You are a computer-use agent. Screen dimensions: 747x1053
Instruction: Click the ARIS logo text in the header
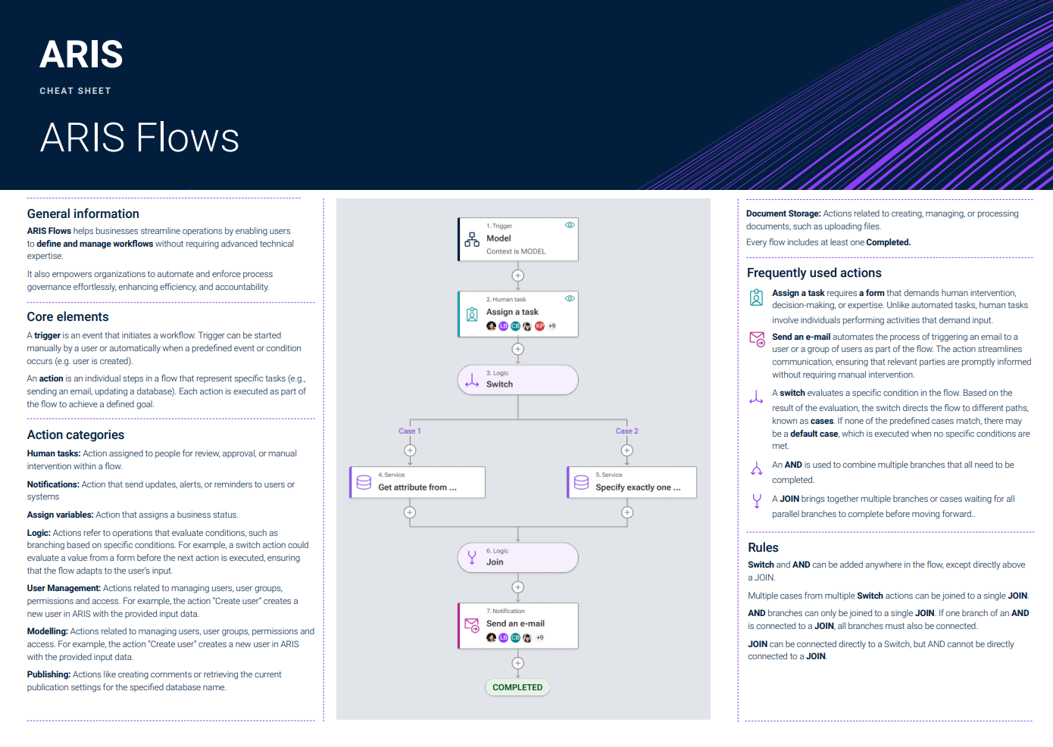[x=82, y=54]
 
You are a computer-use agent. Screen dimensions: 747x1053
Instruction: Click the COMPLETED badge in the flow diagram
[x=517, y=687]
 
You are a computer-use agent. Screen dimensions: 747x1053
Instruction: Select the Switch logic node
[x=517, y=379]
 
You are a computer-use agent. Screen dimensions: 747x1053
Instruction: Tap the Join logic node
[x=517, y=557]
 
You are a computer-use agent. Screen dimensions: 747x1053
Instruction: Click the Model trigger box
[x=517, y=239]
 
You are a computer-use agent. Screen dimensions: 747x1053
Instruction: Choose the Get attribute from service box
[x=417, y=482]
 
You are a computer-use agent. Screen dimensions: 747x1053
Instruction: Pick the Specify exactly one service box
[x=632, y=482]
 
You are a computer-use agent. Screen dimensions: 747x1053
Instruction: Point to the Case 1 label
[x=410, y=431]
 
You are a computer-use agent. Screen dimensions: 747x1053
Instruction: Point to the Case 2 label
[x=626, y=431]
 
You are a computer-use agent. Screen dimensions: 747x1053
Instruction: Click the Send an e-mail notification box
[x=517, y=625]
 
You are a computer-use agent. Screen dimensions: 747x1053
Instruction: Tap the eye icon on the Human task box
[x=570, y=298]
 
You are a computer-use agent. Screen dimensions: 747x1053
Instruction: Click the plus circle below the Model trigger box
[x=517, y=275]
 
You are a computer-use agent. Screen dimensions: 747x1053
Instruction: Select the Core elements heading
[x=68, y=317]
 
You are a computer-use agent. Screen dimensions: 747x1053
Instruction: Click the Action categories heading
[x=76, y=435]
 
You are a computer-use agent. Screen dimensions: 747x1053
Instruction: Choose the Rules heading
[x=763, y=548]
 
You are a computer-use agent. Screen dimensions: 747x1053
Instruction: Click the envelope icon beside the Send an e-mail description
[x=757, y=338]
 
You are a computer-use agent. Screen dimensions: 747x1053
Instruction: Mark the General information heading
[x=83, y=214]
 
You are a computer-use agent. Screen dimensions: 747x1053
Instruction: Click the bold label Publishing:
[x=48, y=674]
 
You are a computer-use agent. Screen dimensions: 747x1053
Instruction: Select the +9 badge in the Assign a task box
[x=552, y=326]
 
